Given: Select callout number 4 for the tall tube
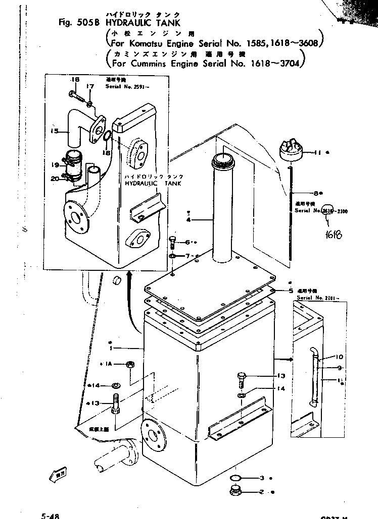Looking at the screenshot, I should (188, 220).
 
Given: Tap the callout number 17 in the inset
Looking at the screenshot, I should (90, 87).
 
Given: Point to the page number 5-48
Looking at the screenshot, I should (51, 515).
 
